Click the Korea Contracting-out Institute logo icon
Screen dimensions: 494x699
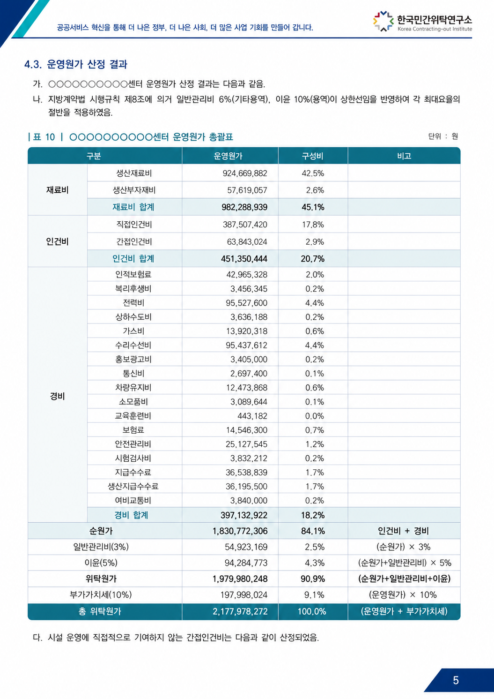point(383,21)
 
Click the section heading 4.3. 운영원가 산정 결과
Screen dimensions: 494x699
point(76,64)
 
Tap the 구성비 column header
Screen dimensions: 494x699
point(312,156)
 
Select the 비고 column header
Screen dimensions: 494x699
point(404,156)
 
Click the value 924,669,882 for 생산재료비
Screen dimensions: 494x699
point(245,173)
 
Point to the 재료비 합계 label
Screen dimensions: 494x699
point(133,207)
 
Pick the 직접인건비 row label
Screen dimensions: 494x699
point(134,225)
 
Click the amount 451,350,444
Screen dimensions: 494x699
point(244,259)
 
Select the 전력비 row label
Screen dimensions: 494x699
point(133,303)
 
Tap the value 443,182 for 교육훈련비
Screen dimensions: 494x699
point(252,416)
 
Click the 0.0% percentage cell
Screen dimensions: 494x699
point(315,416)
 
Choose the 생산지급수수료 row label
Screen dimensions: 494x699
point(133,486)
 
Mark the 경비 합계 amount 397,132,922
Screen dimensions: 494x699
point(244,515)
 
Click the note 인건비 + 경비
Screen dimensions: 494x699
point(404,531)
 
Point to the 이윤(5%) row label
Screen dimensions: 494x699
point(101,563)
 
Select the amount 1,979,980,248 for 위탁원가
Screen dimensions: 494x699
point(240,579)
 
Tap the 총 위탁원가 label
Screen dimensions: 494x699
point(99,611)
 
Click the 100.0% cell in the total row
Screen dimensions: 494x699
point(312,611)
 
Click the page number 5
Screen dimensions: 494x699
point(456,680)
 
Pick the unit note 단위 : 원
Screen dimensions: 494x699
point(443,136)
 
